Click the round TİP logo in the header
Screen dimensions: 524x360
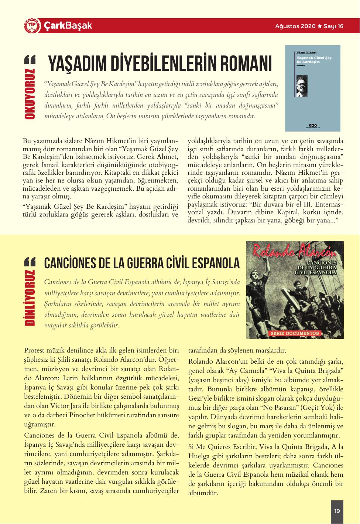pos(31,26)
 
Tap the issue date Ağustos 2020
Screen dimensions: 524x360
pos(295,26)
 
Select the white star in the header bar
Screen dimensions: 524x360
pos(319,26)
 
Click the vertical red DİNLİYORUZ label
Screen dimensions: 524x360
pos(30,298)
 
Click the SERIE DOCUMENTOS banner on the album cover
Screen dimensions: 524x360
pos(295,333)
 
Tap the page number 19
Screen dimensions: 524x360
pos(337,511)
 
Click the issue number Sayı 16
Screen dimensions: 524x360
pos(333,26)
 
